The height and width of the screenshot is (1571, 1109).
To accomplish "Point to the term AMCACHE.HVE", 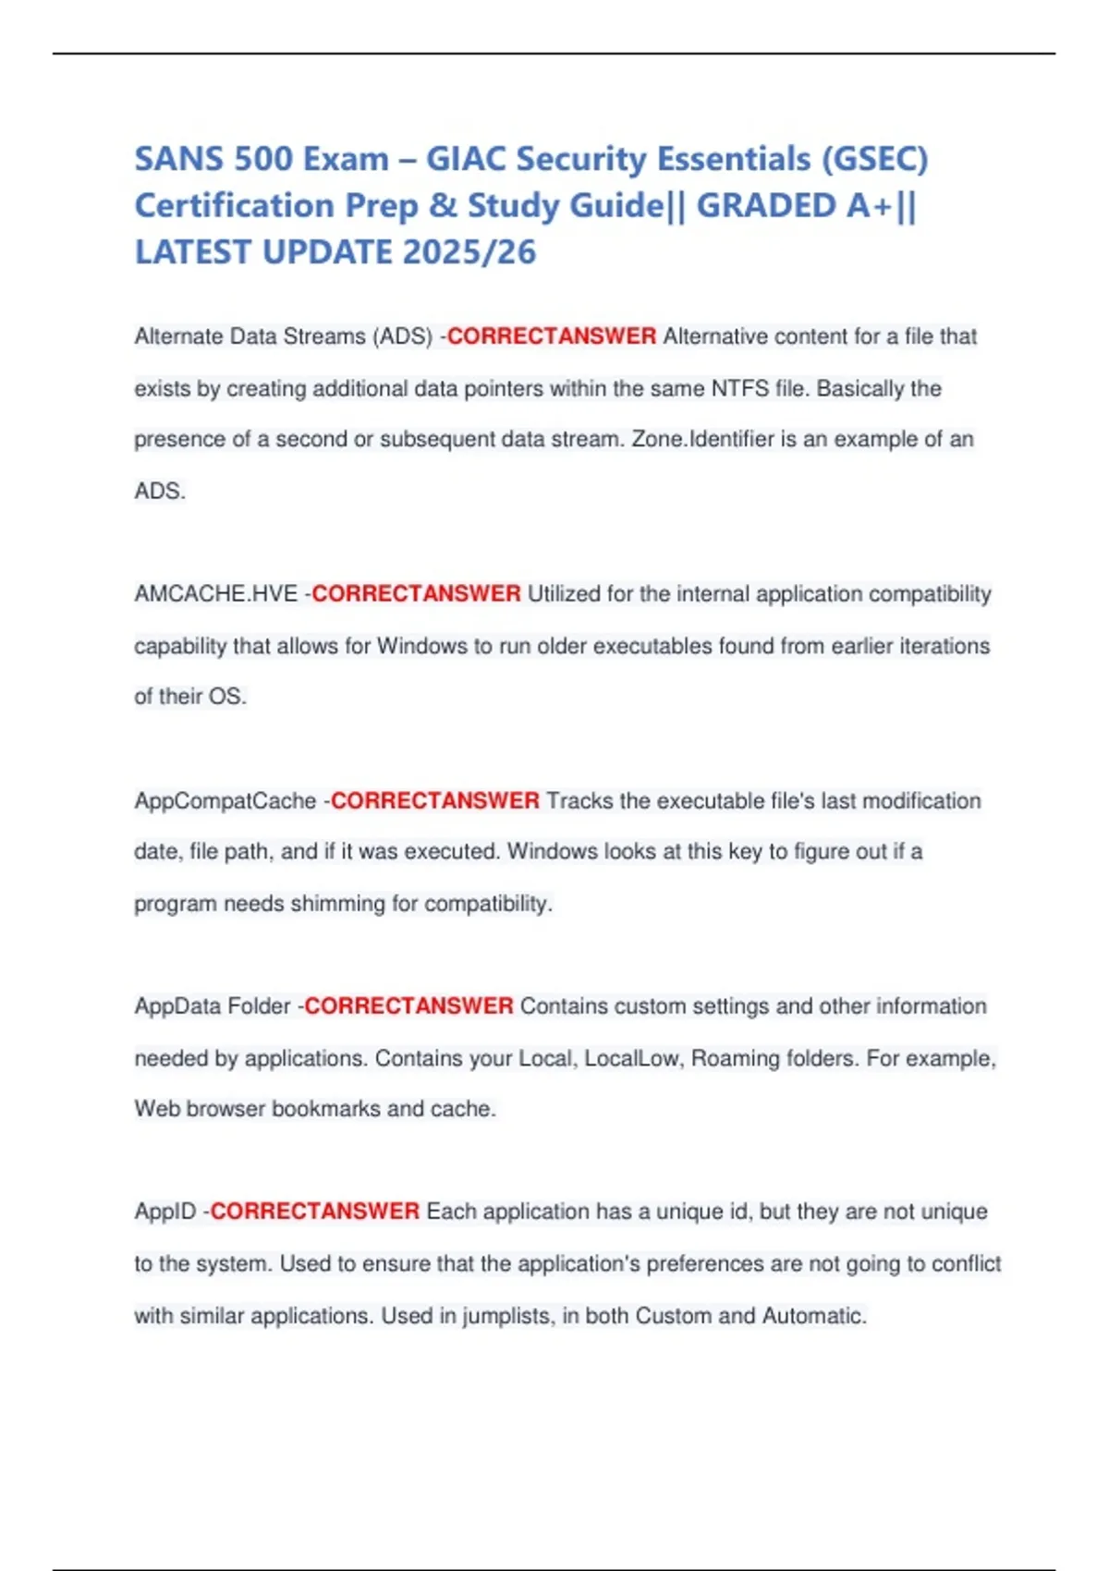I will pos(216,593).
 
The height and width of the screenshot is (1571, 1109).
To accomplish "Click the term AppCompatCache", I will pos(225,800).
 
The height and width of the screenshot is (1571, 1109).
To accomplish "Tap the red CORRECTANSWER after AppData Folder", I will pos(408,1006).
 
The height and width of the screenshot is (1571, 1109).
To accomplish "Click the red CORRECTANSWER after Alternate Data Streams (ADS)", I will pos(552,336).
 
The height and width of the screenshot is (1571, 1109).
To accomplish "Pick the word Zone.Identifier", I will pos(702,439).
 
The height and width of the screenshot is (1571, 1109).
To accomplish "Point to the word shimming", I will pos(337,903).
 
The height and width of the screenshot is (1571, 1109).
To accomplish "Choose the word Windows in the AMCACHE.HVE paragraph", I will pos(422,646).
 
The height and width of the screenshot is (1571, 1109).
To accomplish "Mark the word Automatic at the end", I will pos(813,1316).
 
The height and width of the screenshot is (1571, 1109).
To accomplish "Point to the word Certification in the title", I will pos(235,205).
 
